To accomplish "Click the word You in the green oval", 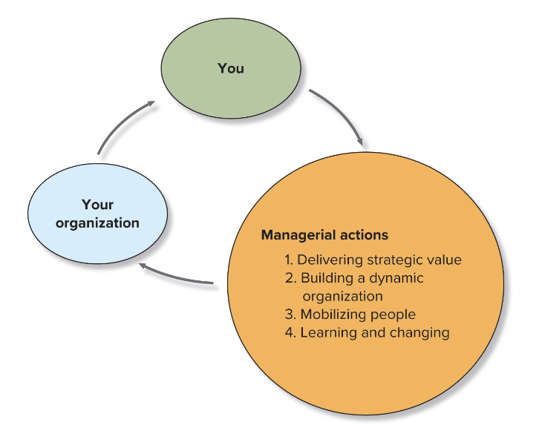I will coord(231,68).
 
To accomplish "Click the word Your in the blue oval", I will coord(97,204).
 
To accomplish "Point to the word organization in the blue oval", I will coord(97,223).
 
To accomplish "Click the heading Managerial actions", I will coord(324,235).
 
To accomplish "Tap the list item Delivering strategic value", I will coord(373,260).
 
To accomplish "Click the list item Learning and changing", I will coord(368,332).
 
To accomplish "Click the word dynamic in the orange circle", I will coord(397,278).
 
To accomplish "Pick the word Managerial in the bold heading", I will coord(295,235).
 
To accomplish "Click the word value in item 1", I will coord(445,260).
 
